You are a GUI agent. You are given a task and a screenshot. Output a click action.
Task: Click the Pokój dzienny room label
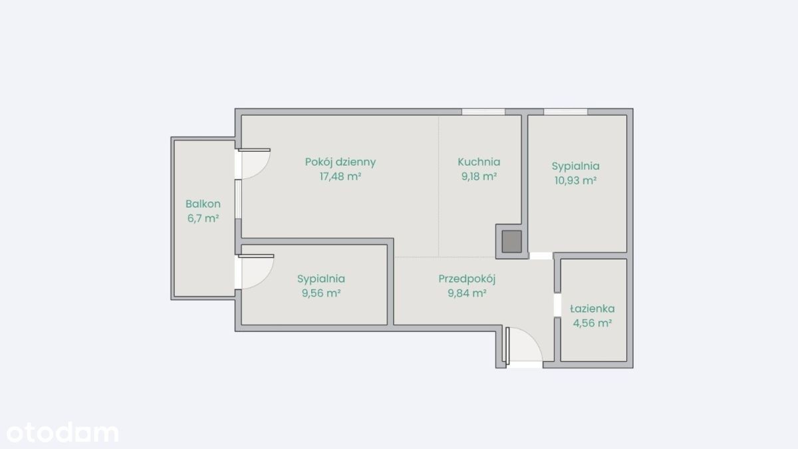[x=340, y=162]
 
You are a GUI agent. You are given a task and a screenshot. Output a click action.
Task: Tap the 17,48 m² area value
[x=340, y=176]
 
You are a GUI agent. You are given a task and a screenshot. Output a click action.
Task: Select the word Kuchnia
[x=479, y=162]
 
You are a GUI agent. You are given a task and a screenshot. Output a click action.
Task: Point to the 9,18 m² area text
[x=479, y=176]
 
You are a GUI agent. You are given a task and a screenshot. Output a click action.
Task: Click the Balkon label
[x=203, y=204]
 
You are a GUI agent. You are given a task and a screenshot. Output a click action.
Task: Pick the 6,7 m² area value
[x=203, y=218]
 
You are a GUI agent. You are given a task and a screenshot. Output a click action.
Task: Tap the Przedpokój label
[x=467, y=279]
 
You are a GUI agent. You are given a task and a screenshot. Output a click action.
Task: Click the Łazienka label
[x=592, y=309]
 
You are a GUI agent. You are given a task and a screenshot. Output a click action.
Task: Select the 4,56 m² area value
[x=592, y=323]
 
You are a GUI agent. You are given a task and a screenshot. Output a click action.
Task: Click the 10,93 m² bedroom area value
[x=575, y=181]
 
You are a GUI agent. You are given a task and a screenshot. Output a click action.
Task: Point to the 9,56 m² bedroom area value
[x=321, y=293]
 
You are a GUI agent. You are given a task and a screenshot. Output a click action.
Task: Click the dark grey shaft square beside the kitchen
[x=511, y=241]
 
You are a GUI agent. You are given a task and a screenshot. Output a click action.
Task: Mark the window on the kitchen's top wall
[x=483, y=112]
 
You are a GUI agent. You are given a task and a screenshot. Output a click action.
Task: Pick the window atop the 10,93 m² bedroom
[x=565, y=112]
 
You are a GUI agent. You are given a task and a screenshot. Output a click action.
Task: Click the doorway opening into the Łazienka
[x=557, y=305]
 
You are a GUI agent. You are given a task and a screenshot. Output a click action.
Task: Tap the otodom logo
[x=63, y=432]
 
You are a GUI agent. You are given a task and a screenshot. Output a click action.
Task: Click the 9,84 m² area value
[x=467, y=293]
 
